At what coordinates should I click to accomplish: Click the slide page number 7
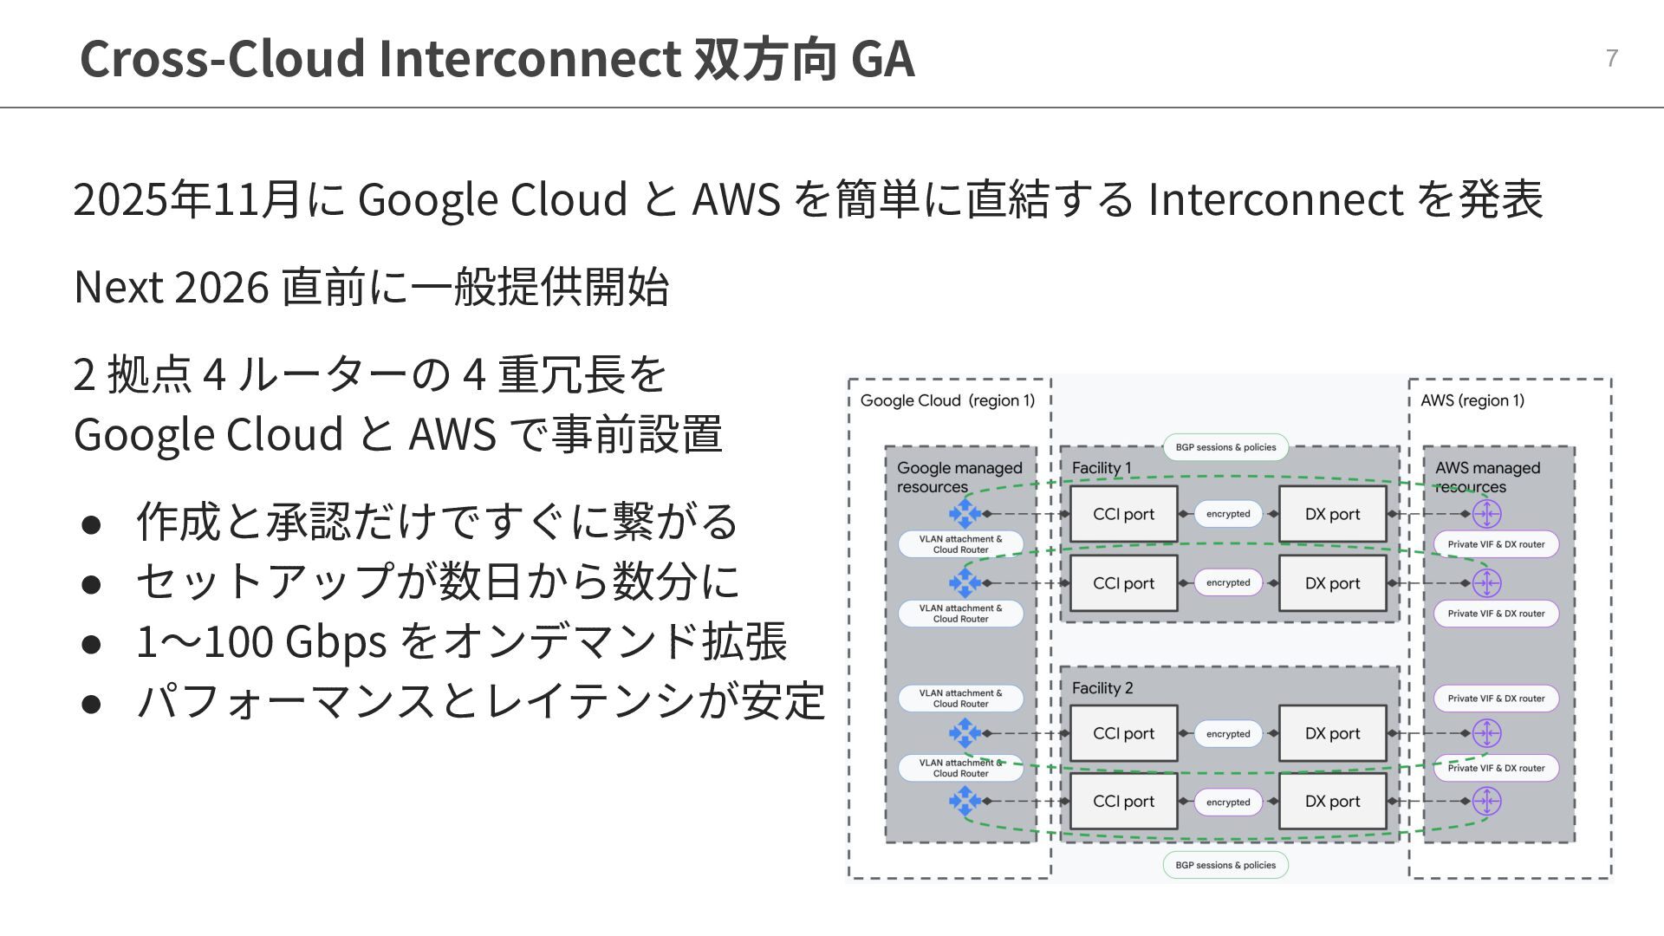(1611, 58)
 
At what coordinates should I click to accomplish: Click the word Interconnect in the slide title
(529, 58)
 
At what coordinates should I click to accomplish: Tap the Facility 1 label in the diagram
(1102, 468)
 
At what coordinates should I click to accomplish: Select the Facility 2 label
(1102, 688)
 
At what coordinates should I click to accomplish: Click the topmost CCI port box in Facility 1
(1123, 514)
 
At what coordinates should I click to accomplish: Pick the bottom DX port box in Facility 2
(1332, 802)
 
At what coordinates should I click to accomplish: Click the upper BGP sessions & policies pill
(1225, 447)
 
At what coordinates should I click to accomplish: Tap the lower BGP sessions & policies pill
(1225, 865)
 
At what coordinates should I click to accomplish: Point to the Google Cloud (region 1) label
(947, 400)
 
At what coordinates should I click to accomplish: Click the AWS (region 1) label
(1472, 400)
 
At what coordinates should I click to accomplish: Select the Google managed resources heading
(959, 477)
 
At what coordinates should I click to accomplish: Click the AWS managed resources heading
(1487, 477)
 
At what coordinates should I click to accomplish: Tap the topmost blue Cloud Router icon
(965, 513)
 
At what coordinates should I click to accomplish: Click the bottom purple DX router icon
(1486, 801)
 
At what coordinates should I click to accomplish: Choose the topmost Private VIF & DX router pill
(1496, 544)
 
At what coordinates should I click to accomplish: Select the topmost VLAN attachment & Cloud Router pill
(960, 544)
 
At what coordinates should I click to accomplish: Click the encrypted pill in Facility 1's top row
(1228, 514)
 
